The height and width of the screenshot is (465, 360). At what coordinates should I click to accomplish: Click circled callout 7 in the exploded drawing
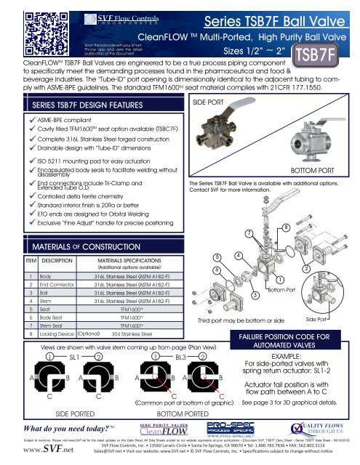point(249,233)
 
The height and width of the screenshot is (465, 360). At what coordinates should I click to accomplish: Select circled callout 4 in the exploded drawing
point(239,256)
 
